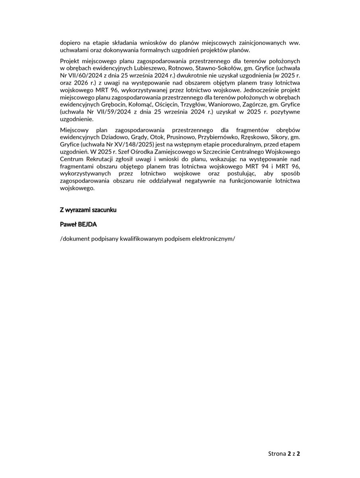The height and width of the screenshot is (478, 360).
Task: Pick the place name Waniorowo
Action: [227, 104]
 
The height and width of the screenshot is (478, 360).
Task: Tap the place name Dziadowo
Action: [108, 138]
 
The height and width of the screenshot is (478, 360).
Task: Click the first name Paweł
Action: [68, 224]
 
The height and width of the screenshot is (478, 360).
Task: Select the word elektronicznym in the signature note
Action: [212, 239]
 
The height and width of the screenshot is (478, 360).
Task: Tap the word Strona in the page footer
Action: [277, 453]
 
